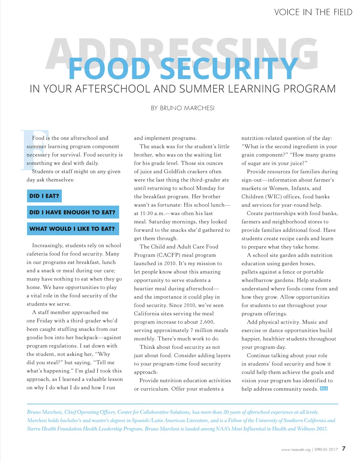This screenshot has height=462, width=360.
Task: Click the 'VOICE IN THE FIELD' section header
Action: pyautogui.click(x=313, y=12)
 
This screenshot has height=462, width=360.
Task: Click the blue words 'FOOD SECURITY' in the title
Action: pyautogui.click(x=183, y=69)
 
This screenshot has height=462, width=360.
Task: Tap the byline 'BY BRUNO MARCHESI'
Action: pyautogui.click(x=182, y=108)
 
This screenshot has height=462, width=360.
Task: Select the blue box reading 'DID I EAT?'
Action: pyautogui.click(x=44, y=196)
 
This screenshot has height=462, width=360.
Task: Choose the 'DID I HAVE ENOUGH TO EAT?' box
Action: pyautogui.click(x=72, y=212)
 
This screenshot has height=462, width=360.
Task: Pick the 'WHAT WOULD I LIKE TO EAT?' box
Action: pyautogui.click(x=72, y=229)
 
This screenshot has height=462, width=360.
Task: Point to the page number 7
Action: pyautogui.click(x=343, y=449)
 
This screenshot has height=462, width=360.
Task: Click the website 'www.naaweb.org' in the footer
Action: pyautogui.click(x=296, y=450)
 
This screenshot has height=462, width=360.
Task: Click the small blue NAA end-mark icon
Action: pyautogui.click(x=324, y=389)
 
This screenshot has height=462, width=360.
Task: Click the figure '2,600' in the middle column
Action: pyautogui.click(x=206, y=322)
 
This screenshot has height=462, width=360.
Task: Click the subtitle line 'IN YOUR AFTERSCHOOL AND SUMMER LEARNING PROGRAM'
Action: pyautogui.click(x=182, y=89)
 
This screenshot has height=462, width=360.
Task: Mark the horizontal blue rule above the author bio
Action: pyautogui.click(x=182, y=404)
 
